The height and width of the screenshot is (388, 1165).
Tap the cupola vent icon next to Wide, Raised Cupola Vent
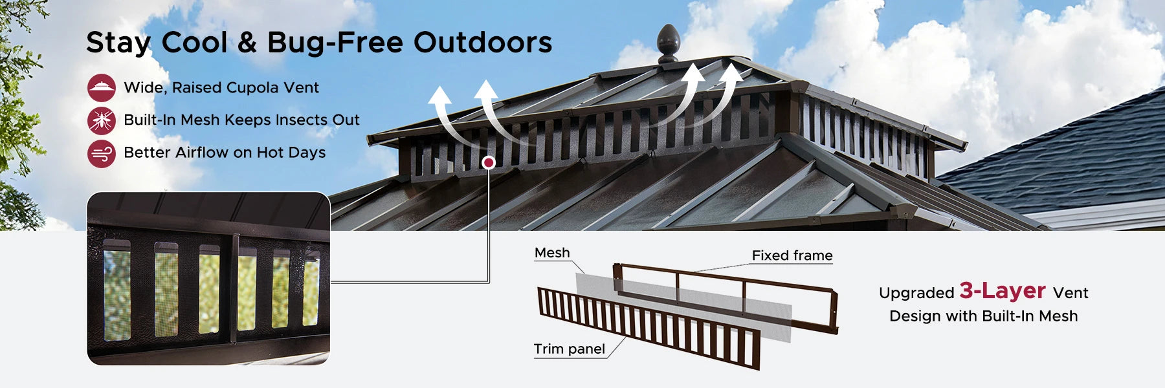click(x=102, y=87)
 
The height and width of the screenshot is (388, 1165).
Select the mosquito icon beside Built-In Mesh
click(x=102, y=120)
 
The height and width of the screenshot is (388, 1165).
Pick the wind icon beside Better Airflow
click(x=102, y=153)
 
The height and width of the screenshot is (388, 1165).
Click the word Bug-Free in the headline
click(x=335, y=43)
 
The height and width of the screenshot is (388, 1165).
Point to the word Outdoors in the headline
click(x=483, y=43)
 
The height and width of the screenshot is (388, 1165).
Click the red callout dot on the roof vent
click(x=489, y=162)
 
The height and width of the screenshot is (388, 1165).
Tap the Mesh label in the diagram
click(x=552, y=253)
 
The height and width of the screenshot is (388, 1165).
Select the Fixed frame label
click(x=792, y=255)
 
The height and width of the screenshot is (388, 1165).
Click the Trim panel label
click(x=570, y=349)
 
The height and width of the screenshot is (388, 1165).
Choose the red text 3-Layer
click(x=1003, y=291)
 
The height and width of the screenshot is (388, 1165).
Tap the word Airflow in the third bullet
click(x=203, y=153)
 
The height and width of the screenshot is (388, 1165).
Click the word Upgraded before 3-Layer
click(x=916, y=293)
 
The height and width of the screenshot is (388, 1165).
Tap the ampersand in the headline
click(x=247, y=43)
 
